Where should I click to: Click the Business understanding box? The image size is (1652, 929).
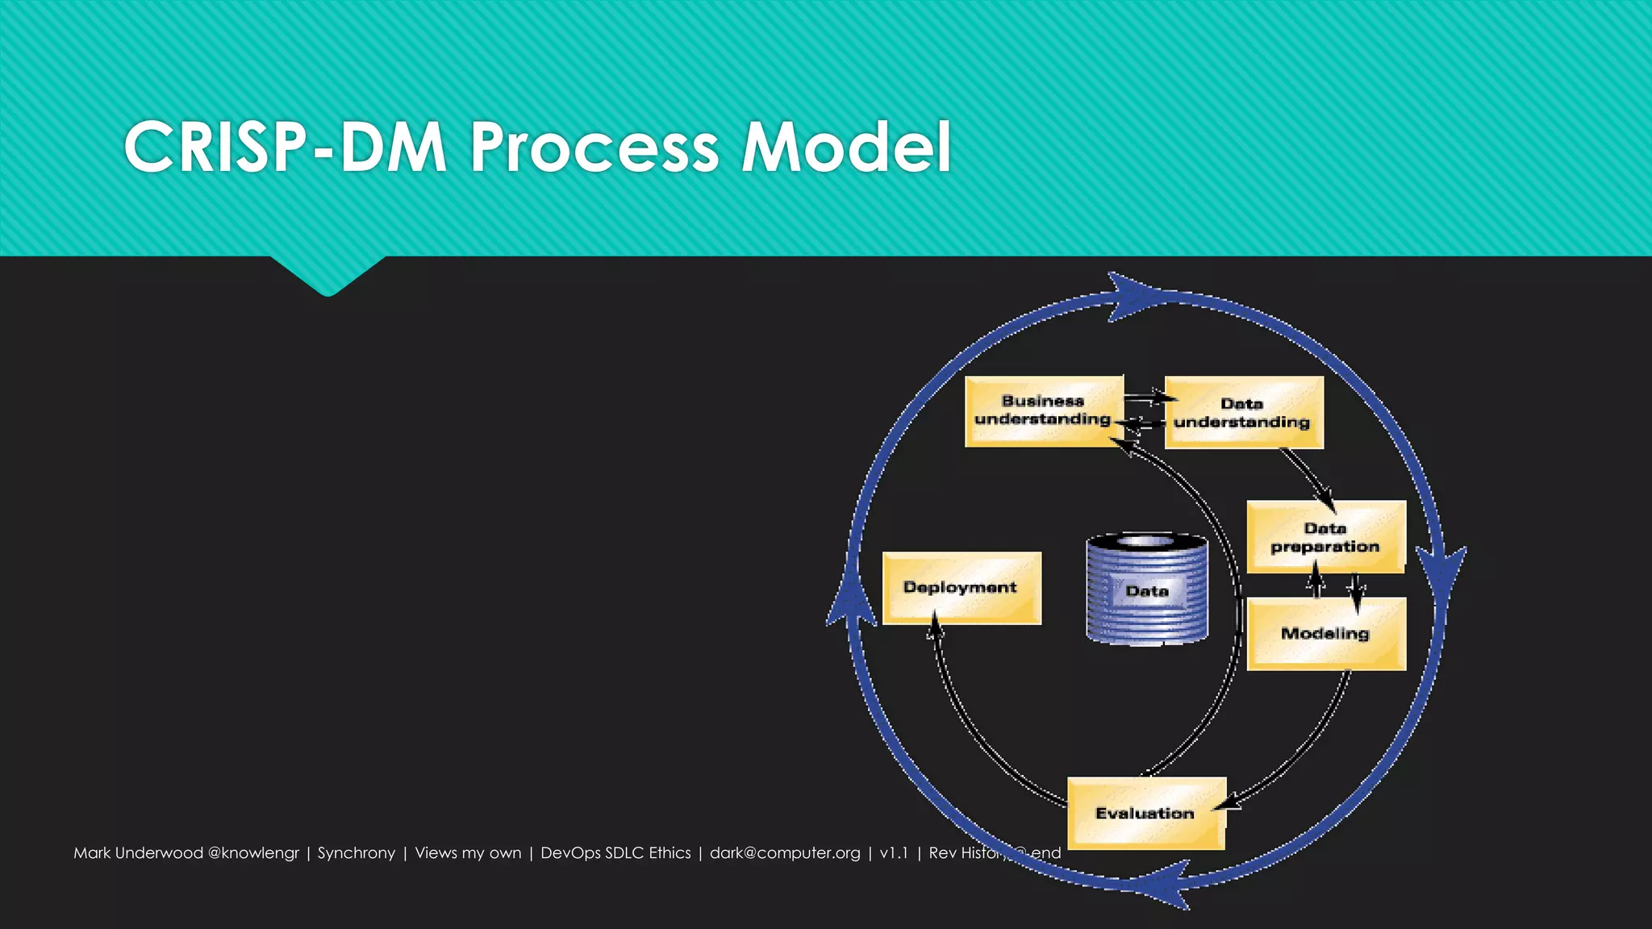(x=1043, y=410)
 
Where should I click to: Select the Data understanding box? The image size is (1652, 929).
(x=1243, y=412)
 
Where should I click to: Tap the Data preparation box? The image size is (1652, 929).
(x=1325, y=537)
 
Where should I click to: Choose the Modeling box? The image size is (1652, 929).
(x=1325, y=634)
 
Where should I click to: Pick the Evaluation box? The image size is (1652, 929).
(x=1145, y=813)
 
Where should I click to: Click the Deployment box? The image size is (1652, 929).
(x=961, y=588)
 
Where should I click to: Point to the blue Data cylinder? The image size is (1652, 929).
(x=1146, y=589)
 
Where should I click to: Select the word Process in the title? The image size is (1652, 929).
(x=594, y=147)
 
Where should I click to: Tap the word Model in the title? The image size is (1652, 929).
(x=846, y=147)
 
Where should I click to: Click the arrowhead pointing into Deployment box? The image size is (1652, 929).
(x=935, y=625)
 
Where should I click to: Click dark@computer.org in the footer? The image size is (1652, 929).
(x=785, y=853)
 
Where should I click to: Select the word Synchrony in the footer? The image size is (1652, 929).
(x=356, y=853)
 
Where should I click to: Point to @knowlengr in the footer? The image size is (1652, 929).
(x=253, y=853)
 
